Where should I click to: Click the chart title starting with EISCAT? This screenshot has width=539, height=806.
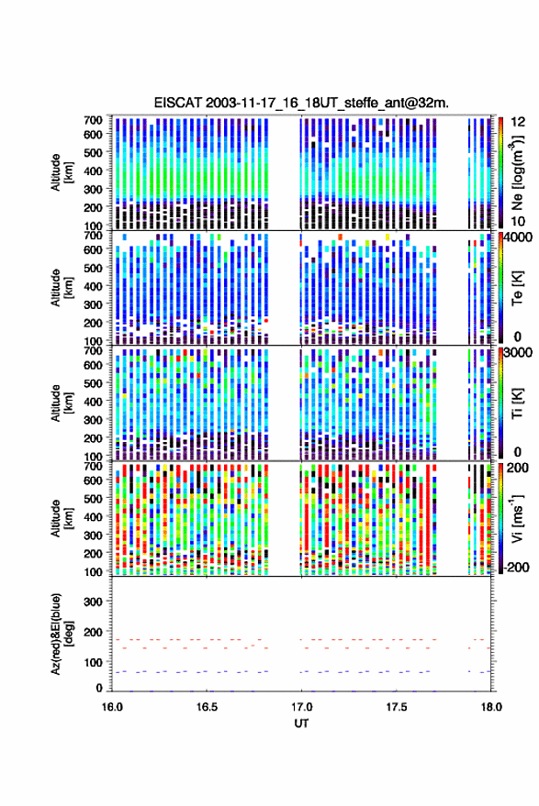(x=301, y=103)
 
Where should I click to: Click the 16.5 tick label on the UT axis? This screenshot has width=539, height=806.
(x=207, y=707)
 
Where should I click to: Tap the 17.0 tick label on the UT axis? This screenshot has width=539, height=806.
(x=301, y=707)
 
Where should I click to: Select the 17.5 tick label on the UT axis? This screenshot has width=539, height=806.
(x=397, y=707)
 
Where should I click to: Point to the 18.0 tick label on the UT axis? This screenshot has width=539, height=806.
(x=491, y=707)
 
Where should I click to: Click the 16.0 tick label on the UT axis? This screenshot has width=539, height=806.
(x=112, y=707)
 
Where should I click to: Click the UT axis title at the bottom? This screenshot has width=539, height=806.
(x=301, y=723)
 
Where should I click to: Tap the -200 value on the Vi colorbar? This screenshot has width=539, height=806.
(x=518, y=568)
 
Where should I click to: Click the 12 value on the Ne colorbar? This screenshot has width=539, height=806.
(x=519, y=122)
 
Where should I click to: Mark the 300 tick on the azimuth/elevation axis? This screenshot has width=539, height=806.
(x=93, y=602)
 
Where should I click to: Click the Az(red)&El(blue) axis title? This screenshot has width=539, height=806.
(x=62, y=634)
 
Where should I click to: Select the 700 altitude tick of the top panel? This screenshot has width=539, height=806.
(x=93, y=120)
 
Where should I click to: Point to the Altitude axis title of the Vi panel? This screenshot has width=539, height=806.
(x=62, y=518)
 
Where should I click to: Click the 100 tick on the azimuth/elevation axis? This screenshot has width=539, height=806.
(x=93, y=663)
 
